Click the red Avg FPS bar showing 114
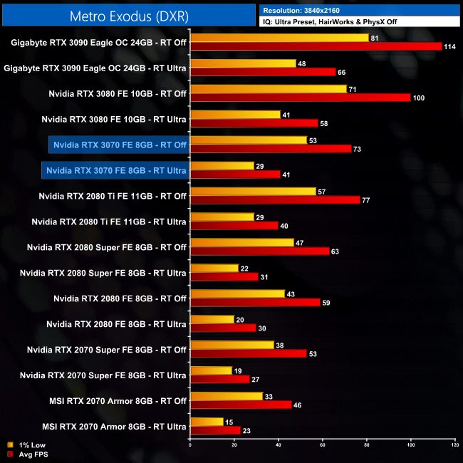coord(316,46)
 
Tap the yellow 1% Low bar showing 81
coord(279,38)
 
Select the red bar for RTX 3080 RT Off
coord(301,98)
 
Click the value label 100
coord(419,98)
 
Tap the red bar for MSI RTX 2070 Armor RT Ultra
coord(215,430)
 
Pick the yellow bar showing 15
coord(207,422)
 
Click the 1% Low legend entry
coord(24,446)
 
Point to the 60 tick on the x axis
coord(323,446)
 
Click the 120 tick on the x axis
coord(454,446)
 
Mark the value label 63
coord(335,252)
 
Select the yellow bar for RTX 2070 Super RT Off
coord(232,345)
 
